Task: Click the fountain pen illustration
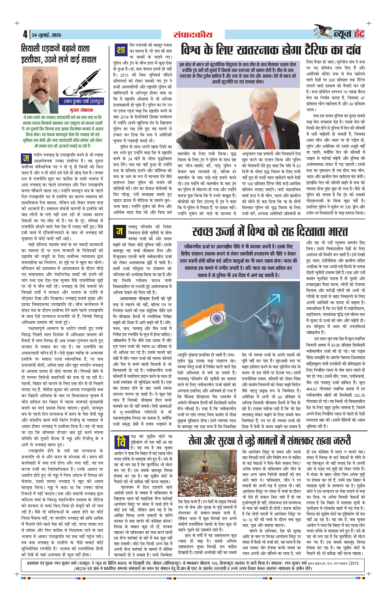pyautogui.click(x=83, y=83)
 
